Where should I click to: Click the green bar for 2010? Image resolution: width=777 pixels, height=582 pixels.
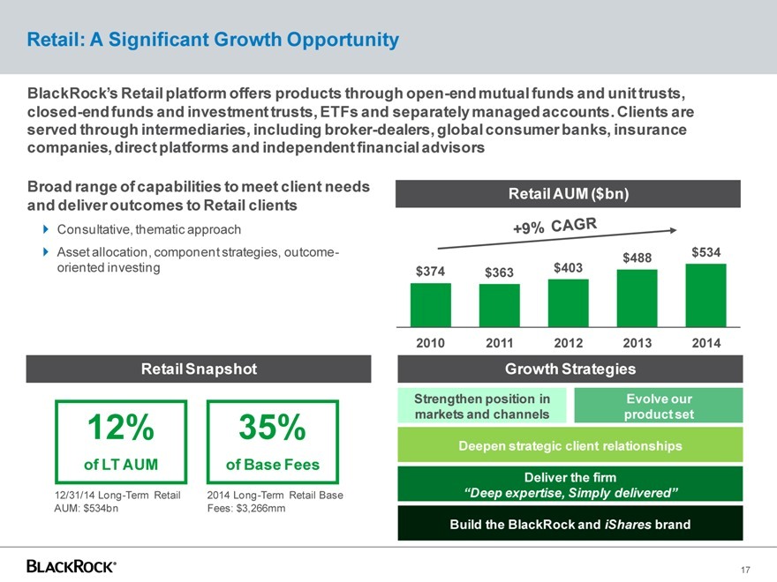[x=431, y=303]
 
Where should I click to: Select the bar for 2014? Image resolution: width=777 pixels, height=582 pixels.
[x=705, y=295]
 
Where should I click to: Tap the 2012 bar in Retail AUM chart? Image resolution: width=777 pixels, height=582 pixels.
[x=568, y=302]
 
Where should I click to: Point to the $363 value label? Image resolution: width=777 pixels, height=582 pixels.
[x=499, y=272]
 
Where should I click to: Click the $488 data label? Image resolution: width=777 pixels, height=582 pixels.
[x=637, y=257]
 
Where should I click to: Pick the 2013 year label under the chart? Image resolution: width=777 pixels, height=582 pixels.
[x=637, y=342]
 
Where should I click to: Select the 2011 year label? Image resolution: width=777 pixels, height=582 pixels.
[x=499, y=342]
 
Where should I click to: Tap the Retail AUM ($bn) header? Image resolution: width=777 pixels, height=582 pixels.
[x=568, y=193]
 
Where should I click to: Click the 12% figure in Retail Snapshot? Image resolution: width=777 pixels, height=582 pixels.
[x=120, y=429]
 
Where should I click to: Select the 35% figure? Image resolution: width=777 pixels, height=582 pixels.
[x=272, y=429]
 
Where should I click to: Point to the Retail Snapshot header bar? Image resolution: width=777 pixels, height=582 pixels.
[x=199, y=369]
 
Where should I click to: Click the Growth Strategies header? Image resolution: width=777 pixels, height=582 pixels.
[x=568, y=369]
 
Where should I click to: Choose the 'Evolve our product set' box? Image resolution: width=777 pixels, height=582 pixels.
[x=659, y=406]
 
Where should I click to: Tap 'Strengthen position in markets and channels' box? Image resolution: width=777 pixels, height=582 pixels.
[x=482, y=406]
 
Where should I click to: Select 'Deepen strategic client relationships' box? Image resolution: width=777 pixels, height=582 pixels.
[x=570, y=446]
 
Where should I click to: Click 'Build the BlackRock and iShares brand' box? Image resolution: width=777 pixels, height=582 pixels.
[x=570, y=524]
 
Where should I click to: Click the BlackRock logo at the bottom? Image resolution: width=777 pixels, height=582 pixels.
[x=72, y=565]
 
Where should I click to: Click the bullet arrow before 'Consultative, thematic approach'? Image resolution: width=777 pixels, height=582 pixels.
[x=47, y=230]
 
